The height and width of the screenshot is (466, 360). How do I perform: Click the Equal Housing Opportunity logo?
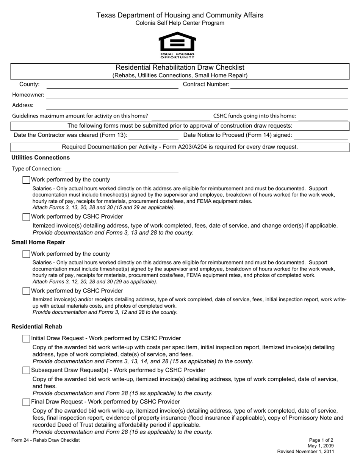pos(177,45)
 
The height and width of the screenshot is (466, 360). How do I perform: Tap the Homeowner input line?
pos(197,95)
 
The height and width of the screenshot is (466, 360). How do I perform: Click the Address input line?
pos(197,106)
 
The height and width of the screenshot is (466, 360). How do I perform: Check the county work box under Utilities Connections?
pos(26,180)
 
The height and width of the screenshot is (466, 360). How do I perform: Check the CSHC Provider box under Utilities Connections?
pos(26,217)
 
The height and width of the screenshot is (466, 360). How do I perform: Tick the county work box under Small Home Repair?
pos(26,254)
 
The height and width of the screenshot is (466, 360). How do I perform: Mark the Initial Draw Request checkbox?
pos(26,339)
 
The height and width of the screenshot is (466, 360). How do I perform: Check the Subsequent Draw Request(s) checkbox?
pos(26,371)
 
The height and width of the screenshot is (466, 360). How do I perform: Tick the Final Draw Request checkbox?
pos(26,402)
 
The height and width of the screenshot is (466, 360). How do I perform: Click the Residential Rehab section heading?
pos(37,327)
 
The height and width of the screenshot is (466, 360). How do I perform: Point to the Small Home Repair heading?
pos(38,242)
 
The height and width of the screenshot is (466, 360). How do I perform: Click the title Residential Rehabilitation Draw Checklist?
pos(180,67)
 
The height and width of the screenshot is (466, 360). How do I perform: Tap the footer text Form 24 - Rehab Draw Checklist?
pos(45,440)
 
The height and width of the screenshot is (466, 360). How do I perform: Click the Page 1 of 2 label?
pos(321,440)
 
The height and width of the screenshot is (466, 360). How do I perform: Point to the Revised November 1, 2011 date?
pos(305,452)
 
